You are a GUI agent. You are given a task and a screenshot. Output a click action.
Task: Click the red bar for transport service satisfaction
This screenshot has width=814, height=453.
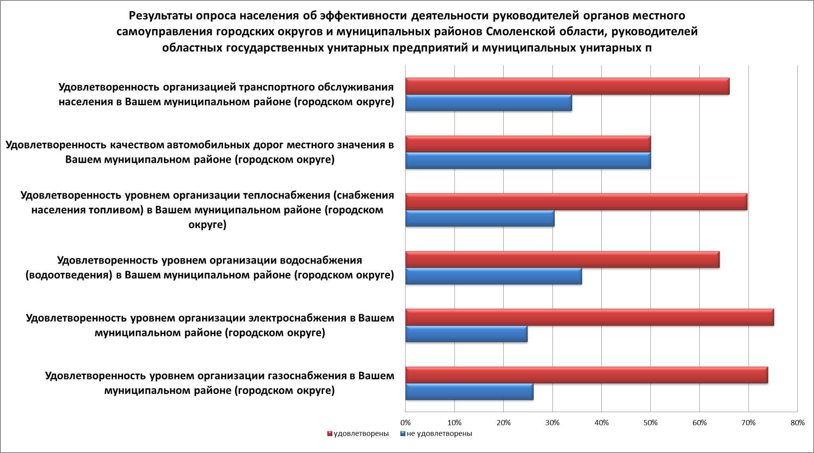(x=567, y=87)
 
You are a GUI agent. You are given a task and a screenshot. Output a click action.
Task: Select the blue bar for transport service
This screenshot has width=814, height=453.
(x=489, y=103)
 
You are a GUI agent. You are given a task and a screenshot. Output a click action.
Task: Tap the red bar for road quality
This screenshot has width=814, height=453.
(x=528, y=144)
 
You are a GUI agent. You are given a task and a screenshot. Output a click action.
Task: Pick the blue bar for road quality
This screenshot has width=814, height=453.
(x=528, y=160)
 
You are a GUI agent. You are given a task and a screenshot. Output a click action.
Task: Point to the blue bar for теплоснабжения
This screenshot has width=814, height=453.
(x=480, y=218)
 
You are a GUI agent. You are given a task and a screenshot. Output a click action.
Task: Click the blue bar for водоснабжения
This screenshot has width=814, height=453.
(x=494, y=276)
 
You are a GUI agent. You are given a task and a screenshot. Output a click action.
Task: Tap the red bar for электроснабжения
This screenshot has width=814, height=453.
(x=589, y=317)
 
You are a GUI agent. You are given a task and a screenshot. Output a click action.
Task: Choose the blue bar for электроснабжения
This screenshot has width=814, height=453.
(x=466, y=333)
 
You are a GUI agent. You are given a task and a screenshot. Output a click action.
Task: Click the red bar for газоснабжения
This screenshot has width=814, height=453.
(x=587, y=375)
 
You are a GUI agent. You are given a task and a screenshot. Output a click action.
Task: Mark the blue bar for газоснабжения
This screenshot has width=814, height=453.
(x=470, y=391)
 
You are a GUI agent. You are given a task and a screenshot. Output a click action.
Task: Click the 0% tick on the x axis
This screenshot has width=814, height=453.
(x=405, y=423)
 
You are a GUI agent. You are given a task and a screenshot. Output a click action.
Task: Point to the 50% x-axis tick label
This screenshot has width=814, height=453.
(x=650, y=423)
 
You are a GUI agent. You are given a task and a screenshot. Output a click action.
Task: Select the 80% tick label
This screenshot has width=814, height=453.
(x=797, y=423)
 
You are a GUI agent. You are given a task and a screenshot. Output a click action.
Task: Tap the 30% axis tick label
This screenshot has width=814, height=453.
(x=552, y=423)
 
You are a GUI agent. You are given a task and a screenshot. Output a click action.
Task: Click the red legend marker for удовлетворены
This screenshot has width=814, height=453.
(x=330, y=434)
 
